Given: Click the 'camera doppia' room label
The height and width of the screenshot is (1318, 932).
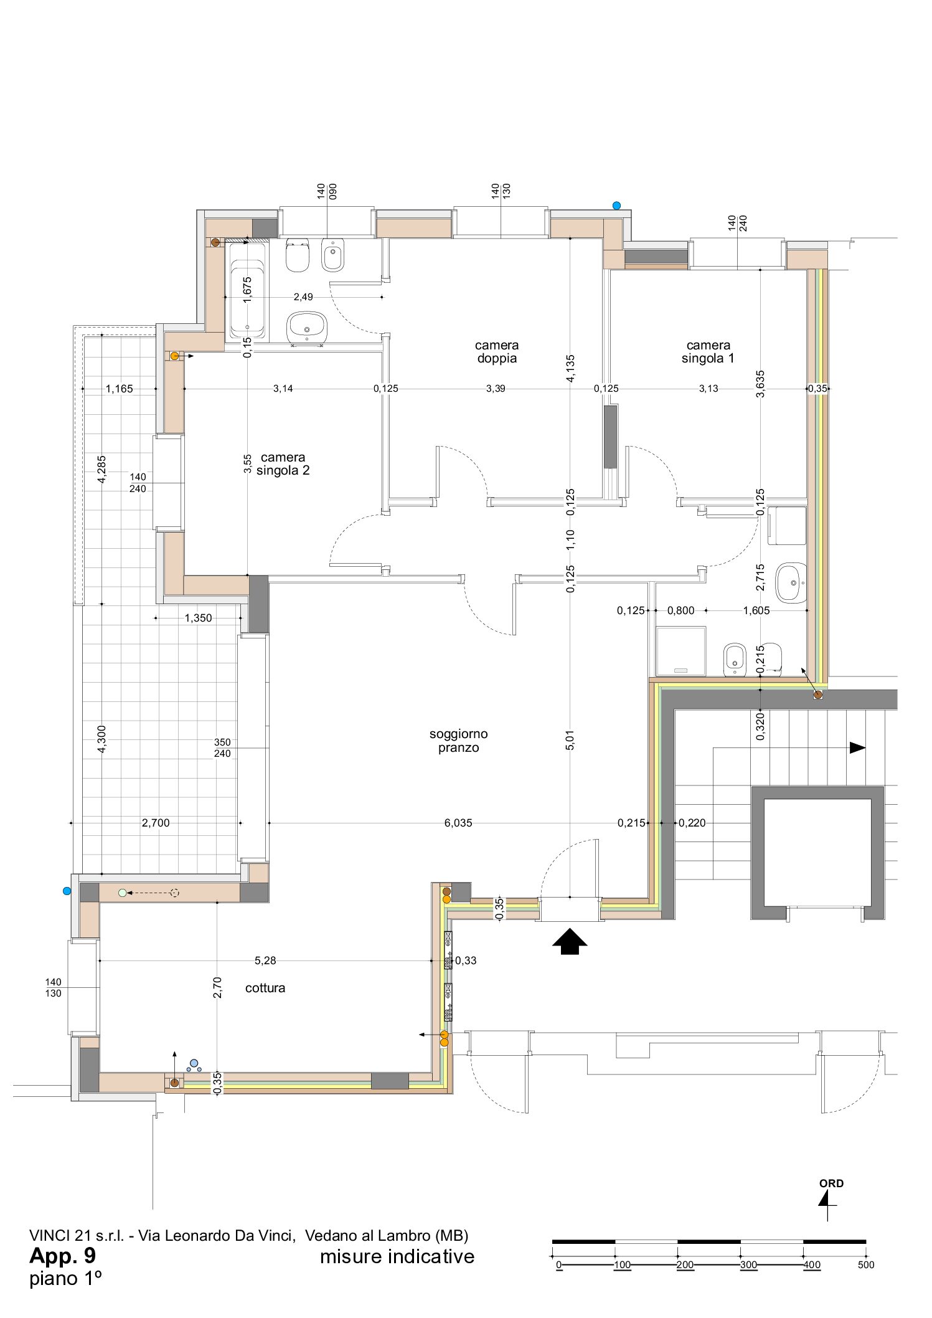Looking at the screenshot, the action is click(x=496, y=351).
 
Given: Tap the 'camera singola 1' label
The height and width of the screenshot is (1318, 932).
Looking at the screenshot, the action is click(x=708, y=351).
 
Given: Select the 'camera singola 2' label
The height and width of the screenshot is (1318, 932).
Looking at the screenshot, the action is click(x=283, y=464).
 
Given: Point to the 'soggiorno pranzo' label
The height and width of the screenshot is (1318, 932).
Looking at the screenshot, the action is click(x=458, y=741).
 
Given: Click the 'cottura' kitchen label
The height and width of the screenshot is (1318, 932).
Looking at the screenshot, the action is click(x=265, y=987).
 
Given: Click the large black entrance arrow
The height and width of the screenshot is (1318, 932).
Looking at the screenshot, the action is click(x=570, y=941).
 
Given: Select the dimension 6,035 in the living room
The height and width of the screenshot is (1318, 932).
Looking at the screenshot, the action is click(x=458, y=823).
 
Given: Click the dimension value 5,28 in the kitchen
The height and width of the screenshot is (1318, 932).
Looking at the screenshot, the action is click(x=265, y=960).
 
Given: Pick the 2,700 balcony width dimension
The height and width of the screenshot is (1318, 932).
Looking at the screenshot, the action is click(x=156, y=823).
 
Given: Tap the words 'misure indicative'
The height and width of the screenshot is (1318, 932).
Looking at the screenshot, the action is click(x=397, y=1256).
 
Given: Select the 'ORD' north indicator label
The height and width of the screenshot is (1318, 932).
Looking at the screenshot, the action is click(x=831, y=1183).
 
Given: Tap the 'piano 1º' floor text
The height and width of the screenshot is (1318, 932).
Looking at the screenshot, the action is click(x=65, y=1279).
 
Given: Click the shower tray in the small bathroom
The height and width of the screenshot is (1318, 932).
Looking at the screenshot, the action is click(x=681, y=651).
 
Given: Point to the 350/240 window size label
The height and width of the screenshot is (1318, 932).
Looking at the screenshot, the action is click(x=222, y=747).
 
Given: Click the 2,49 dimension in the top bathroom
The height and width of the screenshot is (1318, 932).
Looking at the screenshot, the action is click(x=303, y=296).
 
